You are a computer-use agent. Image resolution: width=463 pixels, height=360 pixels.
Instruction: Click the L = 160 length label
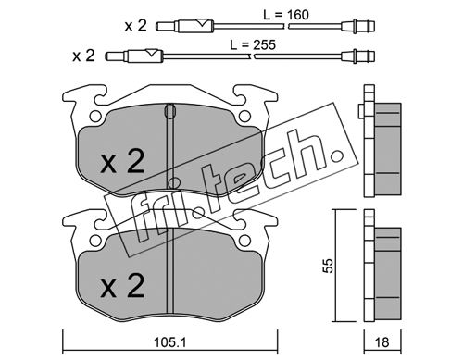[x=286, y=15]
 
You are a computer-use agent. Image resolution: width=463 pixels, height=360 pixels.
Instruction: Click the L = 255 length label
[x=253, y=45]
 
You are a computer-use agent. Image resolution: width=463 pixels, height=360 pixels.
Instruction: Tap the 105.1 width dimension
[x=170, y=342]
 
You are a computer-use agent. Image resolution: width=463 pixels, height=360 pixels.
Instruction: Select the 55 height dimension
[x=329, y=266]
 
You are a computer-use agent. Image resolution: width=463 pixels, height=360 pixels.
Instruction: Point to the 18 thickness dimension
[x=382, y=342]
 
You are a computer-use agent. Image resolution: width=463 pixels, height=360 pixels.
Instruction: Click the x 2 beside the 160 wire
[x=135, y=26]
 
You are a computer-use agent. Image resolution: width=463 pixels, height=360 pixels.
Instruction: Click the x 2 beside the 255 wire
[x=83, y=56]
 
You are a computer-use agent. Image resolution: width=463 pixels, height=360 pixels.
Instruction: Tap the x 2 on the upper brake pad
[x=122, y=164]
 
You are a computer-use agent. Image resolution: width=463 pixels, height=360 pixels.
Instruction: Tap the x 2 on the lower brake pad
[x=122, y=286]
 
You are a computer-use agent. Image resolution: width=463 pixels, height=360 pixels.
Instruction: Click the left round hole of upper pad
[x=95, y=117]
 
